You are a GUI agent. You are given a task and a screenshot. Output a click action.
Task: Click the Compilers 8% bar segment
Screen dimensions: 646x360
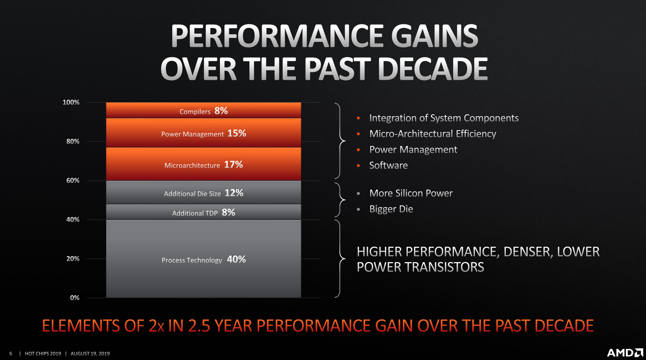click(204, 110)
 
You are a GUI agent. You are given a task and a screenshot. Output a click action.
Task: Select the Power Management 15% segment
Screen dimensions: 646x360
click(204, 133)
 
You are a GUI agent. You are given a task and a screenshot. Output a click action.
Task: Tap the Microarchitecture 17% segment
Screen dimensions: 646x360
click(204, 164)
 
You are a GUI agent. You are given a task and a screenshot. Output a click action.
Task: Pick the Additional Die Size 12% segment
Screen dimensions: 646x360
click(204, 192)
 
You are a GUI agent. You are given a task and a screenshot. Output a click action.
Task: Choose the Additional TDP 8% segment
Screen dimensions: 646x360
click(204, 212)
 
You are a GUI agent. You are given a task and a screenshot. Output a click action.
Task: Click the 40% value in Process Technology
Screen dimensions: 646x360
click(236, 259)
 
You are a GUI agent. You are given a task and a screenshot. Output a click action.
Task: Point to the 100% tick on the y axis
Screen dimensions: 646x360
click(71, 102)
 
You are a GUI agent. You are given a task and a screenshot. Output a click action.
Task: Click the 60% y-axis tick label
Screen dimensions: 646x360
click(73, 180)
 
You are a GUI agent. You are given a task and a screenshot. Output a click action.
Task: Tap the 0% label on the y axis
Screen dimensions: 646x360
click(75, 298)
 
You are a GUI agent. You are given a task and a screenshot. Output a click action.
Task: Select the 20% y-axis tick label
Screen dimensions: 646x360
click(73, 259)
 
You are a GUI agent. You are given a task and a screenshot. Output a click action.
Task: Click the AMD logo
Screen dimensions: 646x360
click(625, 353)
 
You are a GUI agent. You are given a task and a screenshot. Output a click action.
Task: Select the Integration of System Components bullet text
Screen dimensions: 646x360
click(444, 118)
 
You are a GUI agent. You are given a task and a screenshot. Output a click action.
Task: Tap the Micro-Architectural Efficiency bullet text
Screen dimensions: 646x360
click(433, 134)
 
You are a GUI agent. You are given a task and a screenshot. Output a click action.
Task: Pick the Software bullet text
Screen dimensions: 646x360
click(388, 165)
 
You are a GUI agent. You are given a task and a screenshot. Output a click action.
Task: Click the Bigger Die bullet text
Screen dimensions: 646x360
click(391, 209)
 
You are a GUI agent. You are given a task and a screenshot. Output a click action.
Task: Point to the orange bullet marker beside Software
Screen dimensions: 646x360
click(359, 165)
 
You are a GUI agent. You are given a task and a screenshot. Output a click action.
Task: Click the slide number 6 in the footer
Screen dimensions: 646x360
click(11, 354)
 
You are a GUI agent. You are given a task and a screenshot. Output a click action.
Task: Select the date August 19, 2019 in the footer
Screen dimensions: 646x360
click(90, 354)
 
